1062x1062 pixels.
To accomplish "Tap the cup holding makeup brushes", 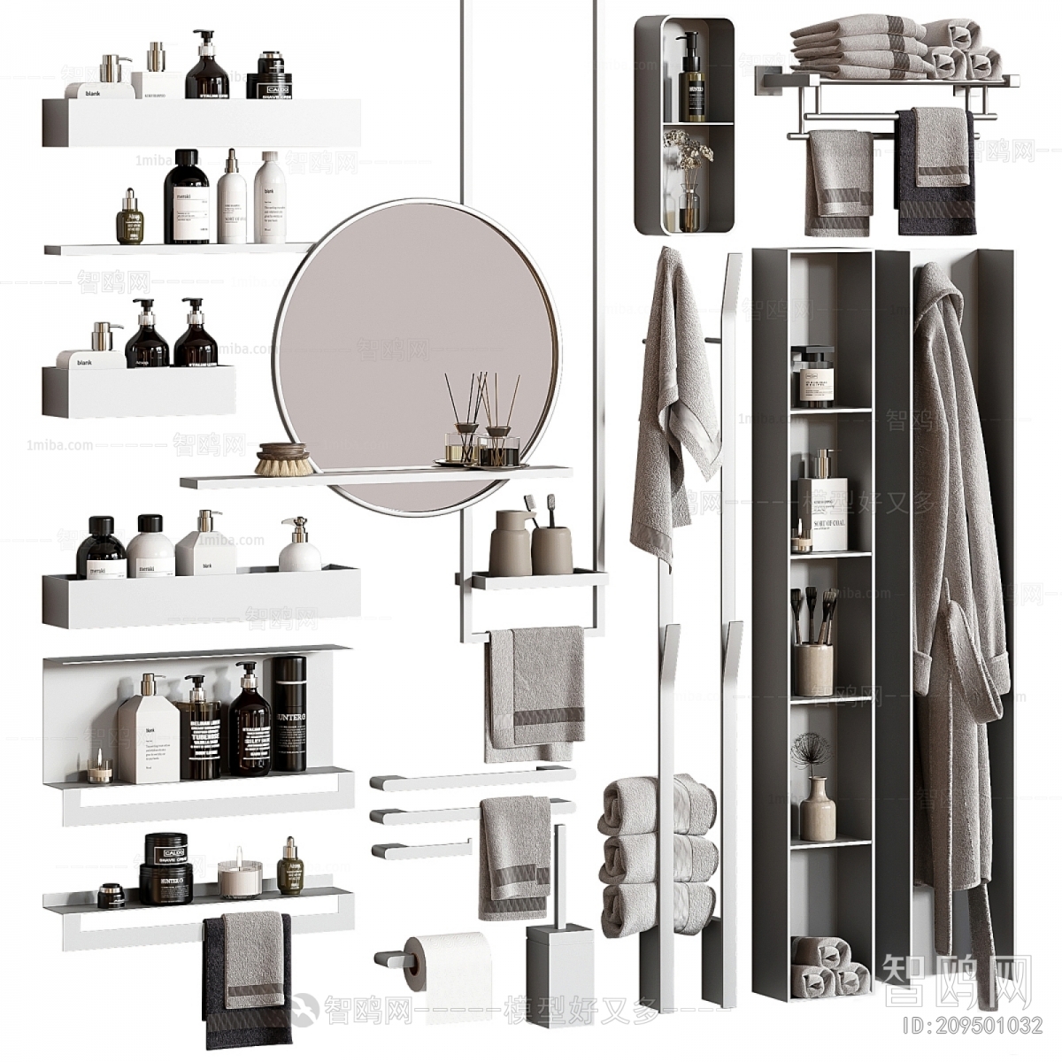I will point(812,665).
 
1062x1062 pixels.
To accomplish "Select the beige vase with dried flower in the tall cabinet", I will point(812,807).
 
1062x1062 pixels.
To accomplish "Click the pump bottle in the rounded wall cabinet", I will point(691,80).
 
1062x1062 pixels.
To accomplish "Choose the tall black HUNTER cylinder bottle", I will point(289,712).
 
